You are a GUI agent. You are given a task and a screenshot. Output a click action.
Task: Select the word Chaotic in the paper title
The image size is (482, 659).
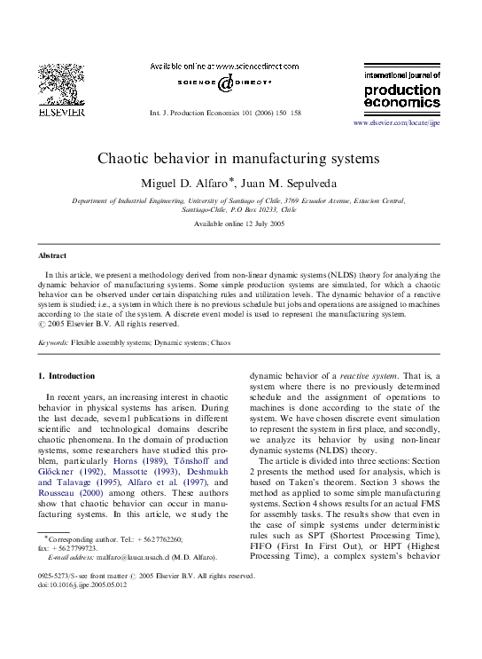click(x=137, y=159)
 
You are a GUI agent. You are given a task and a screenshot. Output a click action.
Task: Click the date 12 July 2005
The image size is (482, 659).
click(x=257, y=224)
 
